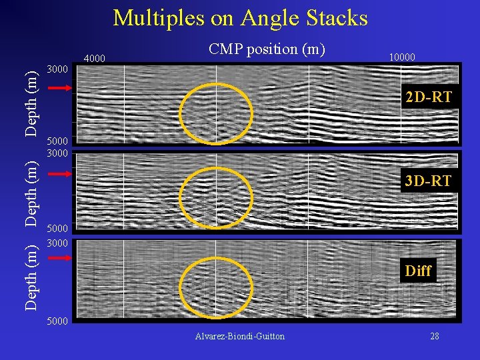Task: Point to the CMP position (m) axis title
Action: tap(267, 49)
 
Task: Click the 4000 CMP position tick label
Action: tap(95, 58)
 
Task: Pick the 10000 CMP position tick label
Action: tap(401, 57)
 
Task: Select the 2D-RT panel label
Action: tap(429, 97)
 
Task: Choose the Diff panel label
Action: tap(418, 271)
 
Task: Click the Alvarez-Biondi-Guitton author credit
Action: tap(240, 336)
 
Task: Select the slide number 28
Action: tap(434, 336)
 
